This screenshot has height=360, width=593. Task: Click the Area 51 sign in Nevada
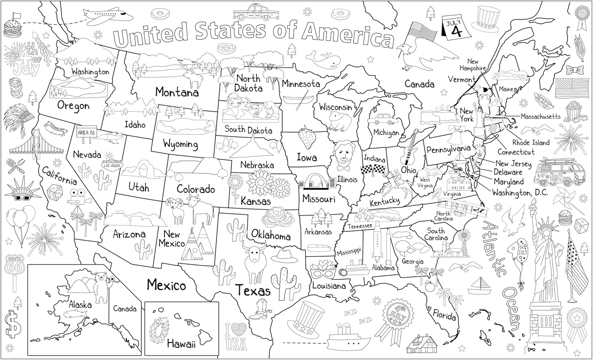click(86, 133)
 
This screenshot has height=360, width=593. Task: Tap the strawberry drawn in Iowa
click(306, 137)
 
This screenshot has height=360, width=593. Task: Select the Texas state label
click(253, 291)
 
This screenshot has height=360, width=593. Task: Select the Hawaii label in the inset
click(181, 344)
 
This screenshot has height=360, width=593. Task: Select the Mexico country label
click(166, 285)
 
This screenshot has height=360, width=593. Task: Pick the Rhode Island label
click(531, 143)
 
